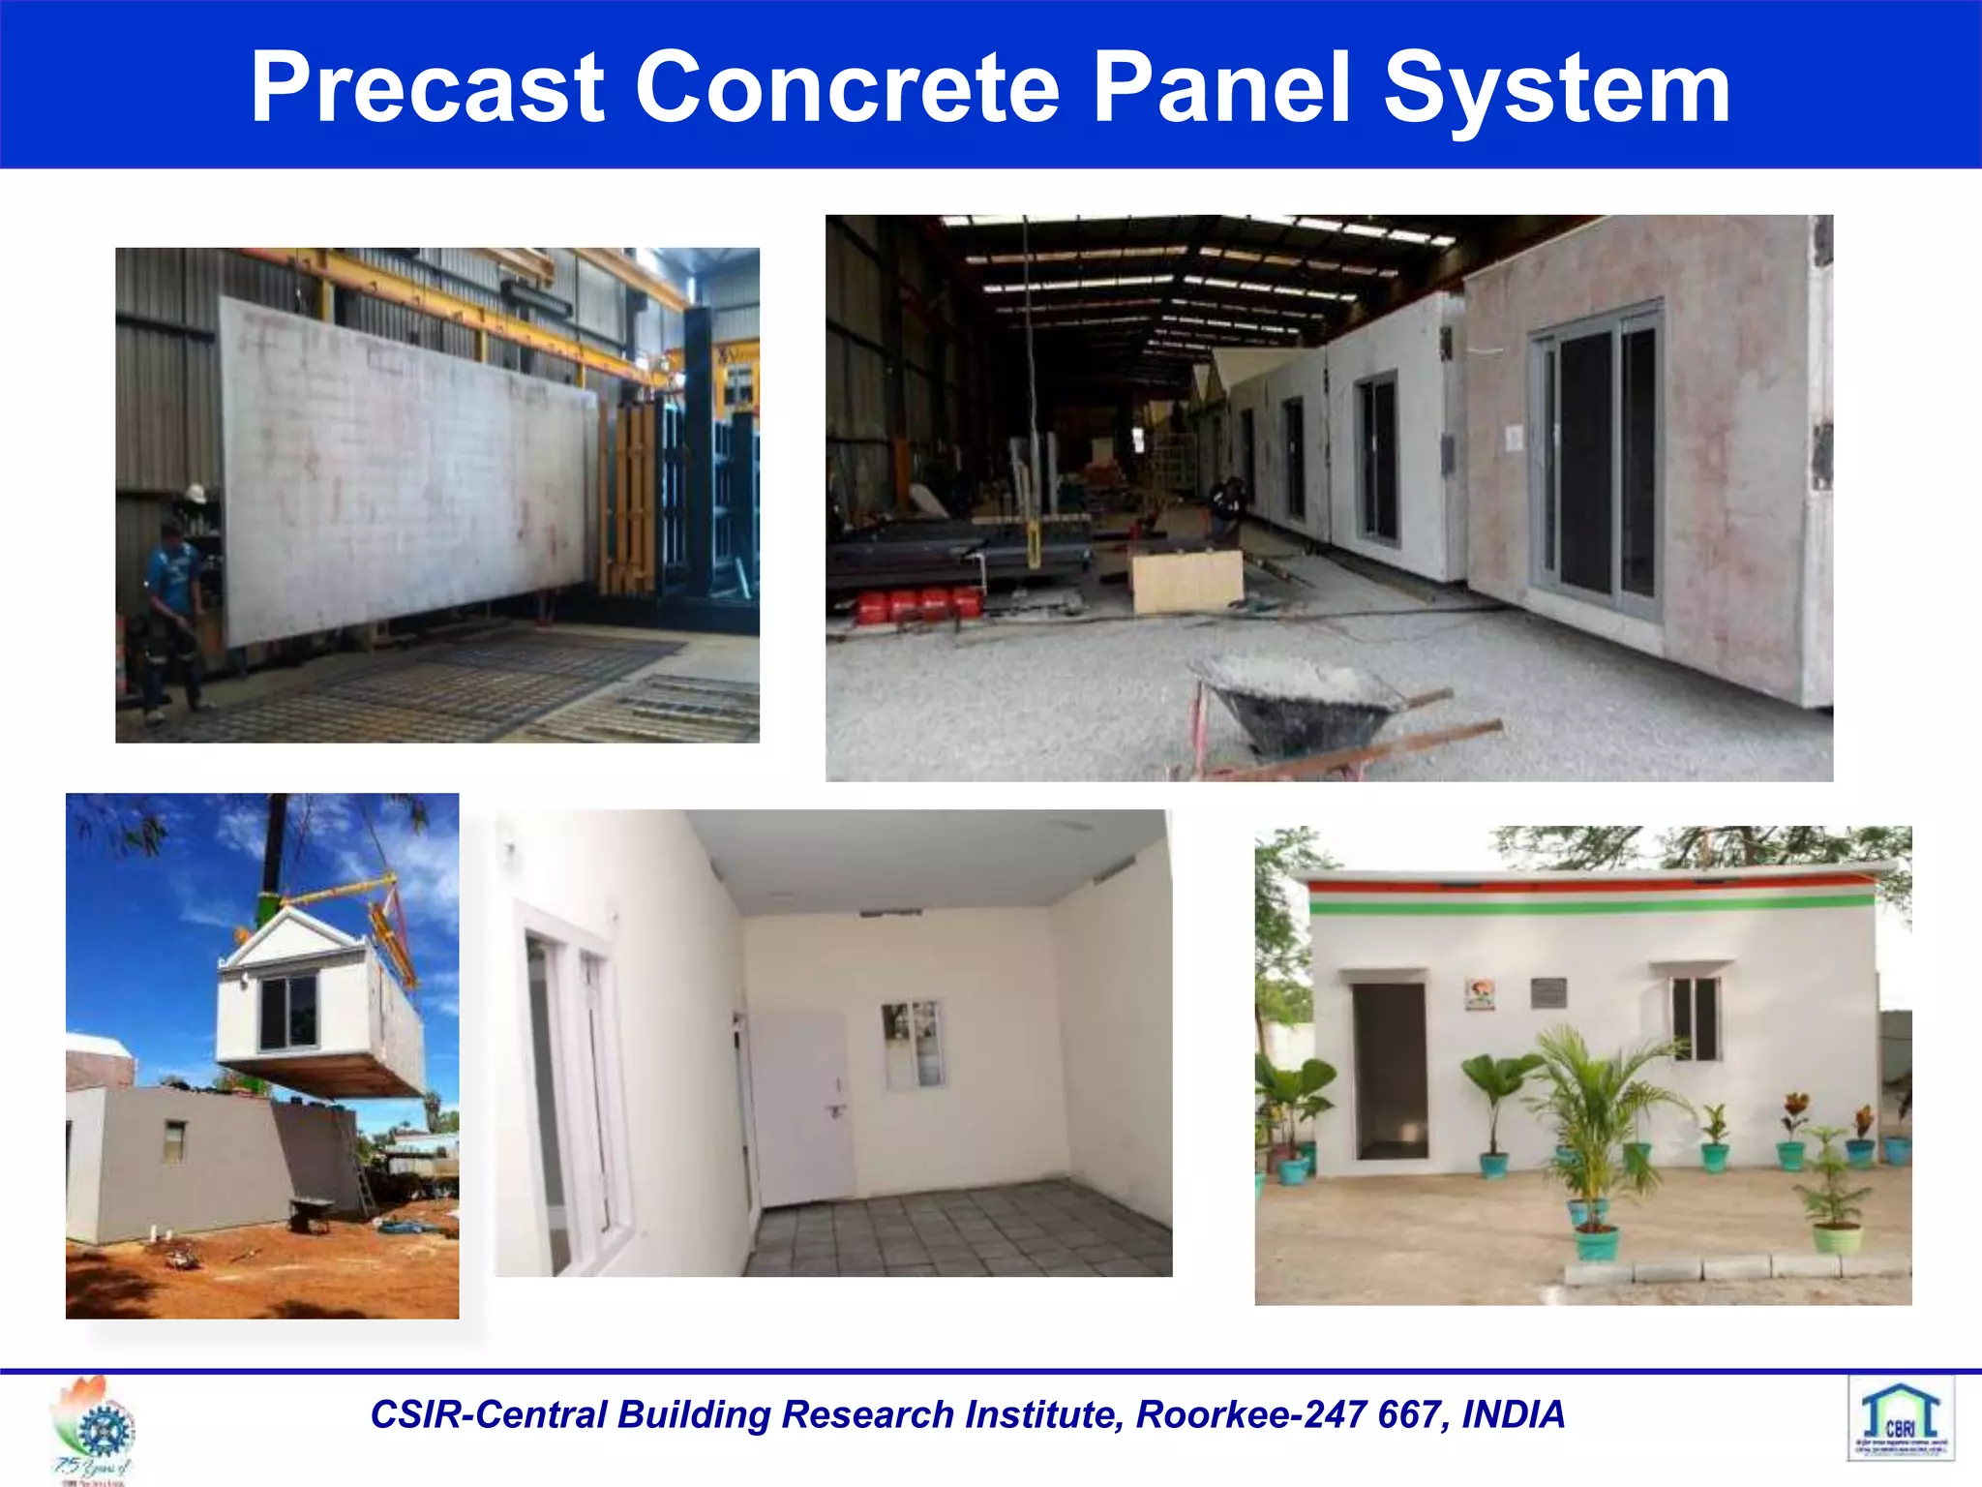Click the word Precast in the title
pyautogui.click(x=428, y=89)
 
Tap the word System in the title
pyautogui.click(x=1556, y=89)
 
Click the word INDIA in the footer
pyautogui.click(x=1513, y=1414)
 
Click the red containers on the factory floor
pyautogui.click(x=919, y=604)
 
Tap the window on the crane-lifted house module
pyautogui.click(x=287, y=1013)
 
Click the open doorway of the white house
pyautogui.click(x=1390, y=1071)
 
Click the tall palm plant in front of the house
pyautogui.click(x=1597, y=1123)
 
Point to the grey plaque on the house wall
pyautogui.click(x=1548, y=992)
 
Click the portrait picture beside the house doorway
pyautogui.click(x=1480, y=994)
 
